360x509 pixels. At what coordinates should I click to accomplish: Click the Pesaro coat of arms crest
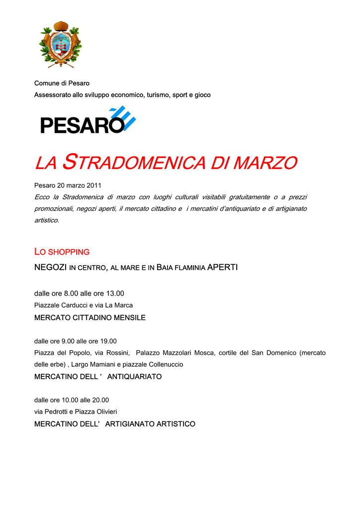60,45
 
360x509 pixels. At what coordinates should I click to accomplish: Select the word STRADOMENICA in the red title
136,162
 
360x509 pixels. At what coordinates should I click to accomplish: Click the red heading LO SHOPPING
62,252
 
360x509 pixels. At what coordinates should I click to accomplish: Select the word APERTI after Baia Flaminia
222,267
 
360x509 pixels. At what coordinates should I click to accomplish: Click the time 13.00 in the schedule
115,293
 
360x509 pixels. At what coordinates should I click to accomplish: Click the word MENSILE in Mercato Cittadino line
129,317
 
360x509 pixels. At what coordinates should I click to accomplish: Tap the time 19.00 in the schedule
107,341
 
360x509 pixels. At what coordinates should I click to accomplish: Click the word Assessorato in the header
51,94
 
